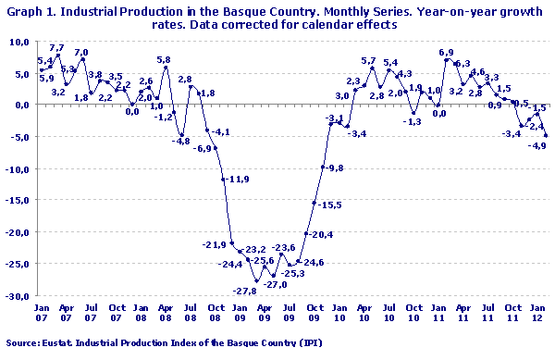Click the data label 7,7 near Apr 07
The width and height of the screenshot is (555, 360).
(x=56, y=48)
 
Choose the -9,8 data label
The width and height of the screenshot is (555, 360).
(x=334, y=168)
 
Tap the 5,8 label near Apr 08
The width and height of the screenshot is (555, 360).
(x=163, y=60)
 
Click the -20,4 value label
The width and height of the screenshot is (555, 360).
(x=321, y=235)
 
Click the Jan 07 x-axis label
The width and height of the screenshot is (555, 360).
(x=42, y=314)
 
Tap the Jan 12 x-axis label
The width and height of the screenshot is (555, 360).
(x=536, y=314)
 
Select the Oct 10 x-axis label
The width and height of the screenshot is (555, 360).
(x=413, y=314)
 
